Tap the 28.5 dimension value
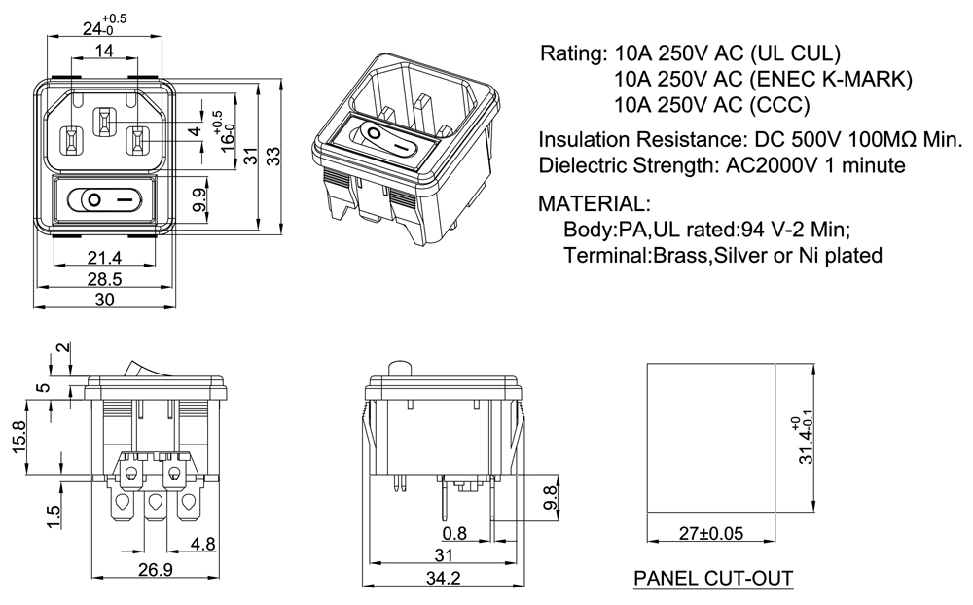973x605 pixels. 104,279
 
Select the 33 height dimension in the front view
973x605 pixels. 275,157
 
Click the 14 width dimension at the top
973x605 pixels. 103,51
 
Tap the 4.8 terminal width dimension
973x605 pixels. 202,544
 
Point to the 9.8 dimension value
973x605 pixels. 551,497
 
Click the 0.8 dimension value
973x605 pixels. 453,534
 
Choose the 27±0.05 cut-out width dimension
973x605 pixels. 710,534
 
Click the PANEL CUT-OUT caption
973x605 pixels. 713,579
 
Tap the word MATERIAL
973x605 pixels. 595,205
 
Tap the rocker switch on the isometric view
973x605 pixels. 385,139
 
